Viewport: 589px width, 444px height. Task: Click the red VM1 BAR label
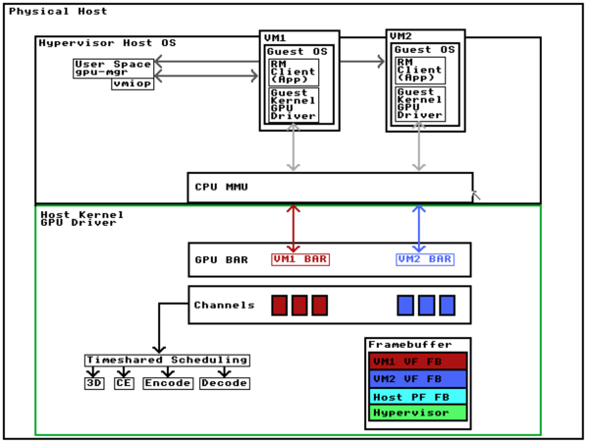pos(300,259)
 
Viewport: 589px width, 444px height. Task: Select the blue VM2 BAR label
pos(425,259)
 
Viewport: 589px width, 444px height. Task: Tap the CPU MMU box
pos(330,187)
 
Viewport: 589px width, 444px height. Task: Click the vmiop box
pos(133,84)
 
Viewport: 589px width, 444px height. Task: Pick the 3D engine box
pos(93,383)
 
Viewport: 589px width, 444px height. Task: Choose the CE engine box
pos(123,383)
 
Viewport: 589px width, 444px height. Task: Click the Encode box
pos(167,383)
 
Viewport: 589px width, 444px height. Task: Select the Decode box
pos(224,383)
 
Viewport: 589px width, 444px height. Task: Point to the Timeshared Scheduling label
pos(166,360)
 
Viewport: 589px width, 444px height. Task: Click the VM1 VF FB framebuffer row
pos(417,361)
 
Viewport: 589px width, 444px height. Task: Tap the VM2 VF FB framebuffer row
pos(417,378)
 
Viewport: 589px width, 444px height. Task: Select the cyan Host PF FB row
pos(417,396)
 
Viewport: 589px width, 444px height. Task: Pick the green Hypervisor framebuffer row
pos(417,413)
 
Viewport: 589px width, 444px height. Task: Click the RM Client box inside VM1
pos(294,72)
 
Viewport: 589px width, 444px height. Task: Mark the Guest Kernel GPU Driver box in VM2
pos(420,103)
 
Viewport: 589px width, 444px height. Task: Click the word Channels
pos(225,305)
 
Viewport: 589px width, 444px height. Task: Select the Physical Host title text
pos(58,11)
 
